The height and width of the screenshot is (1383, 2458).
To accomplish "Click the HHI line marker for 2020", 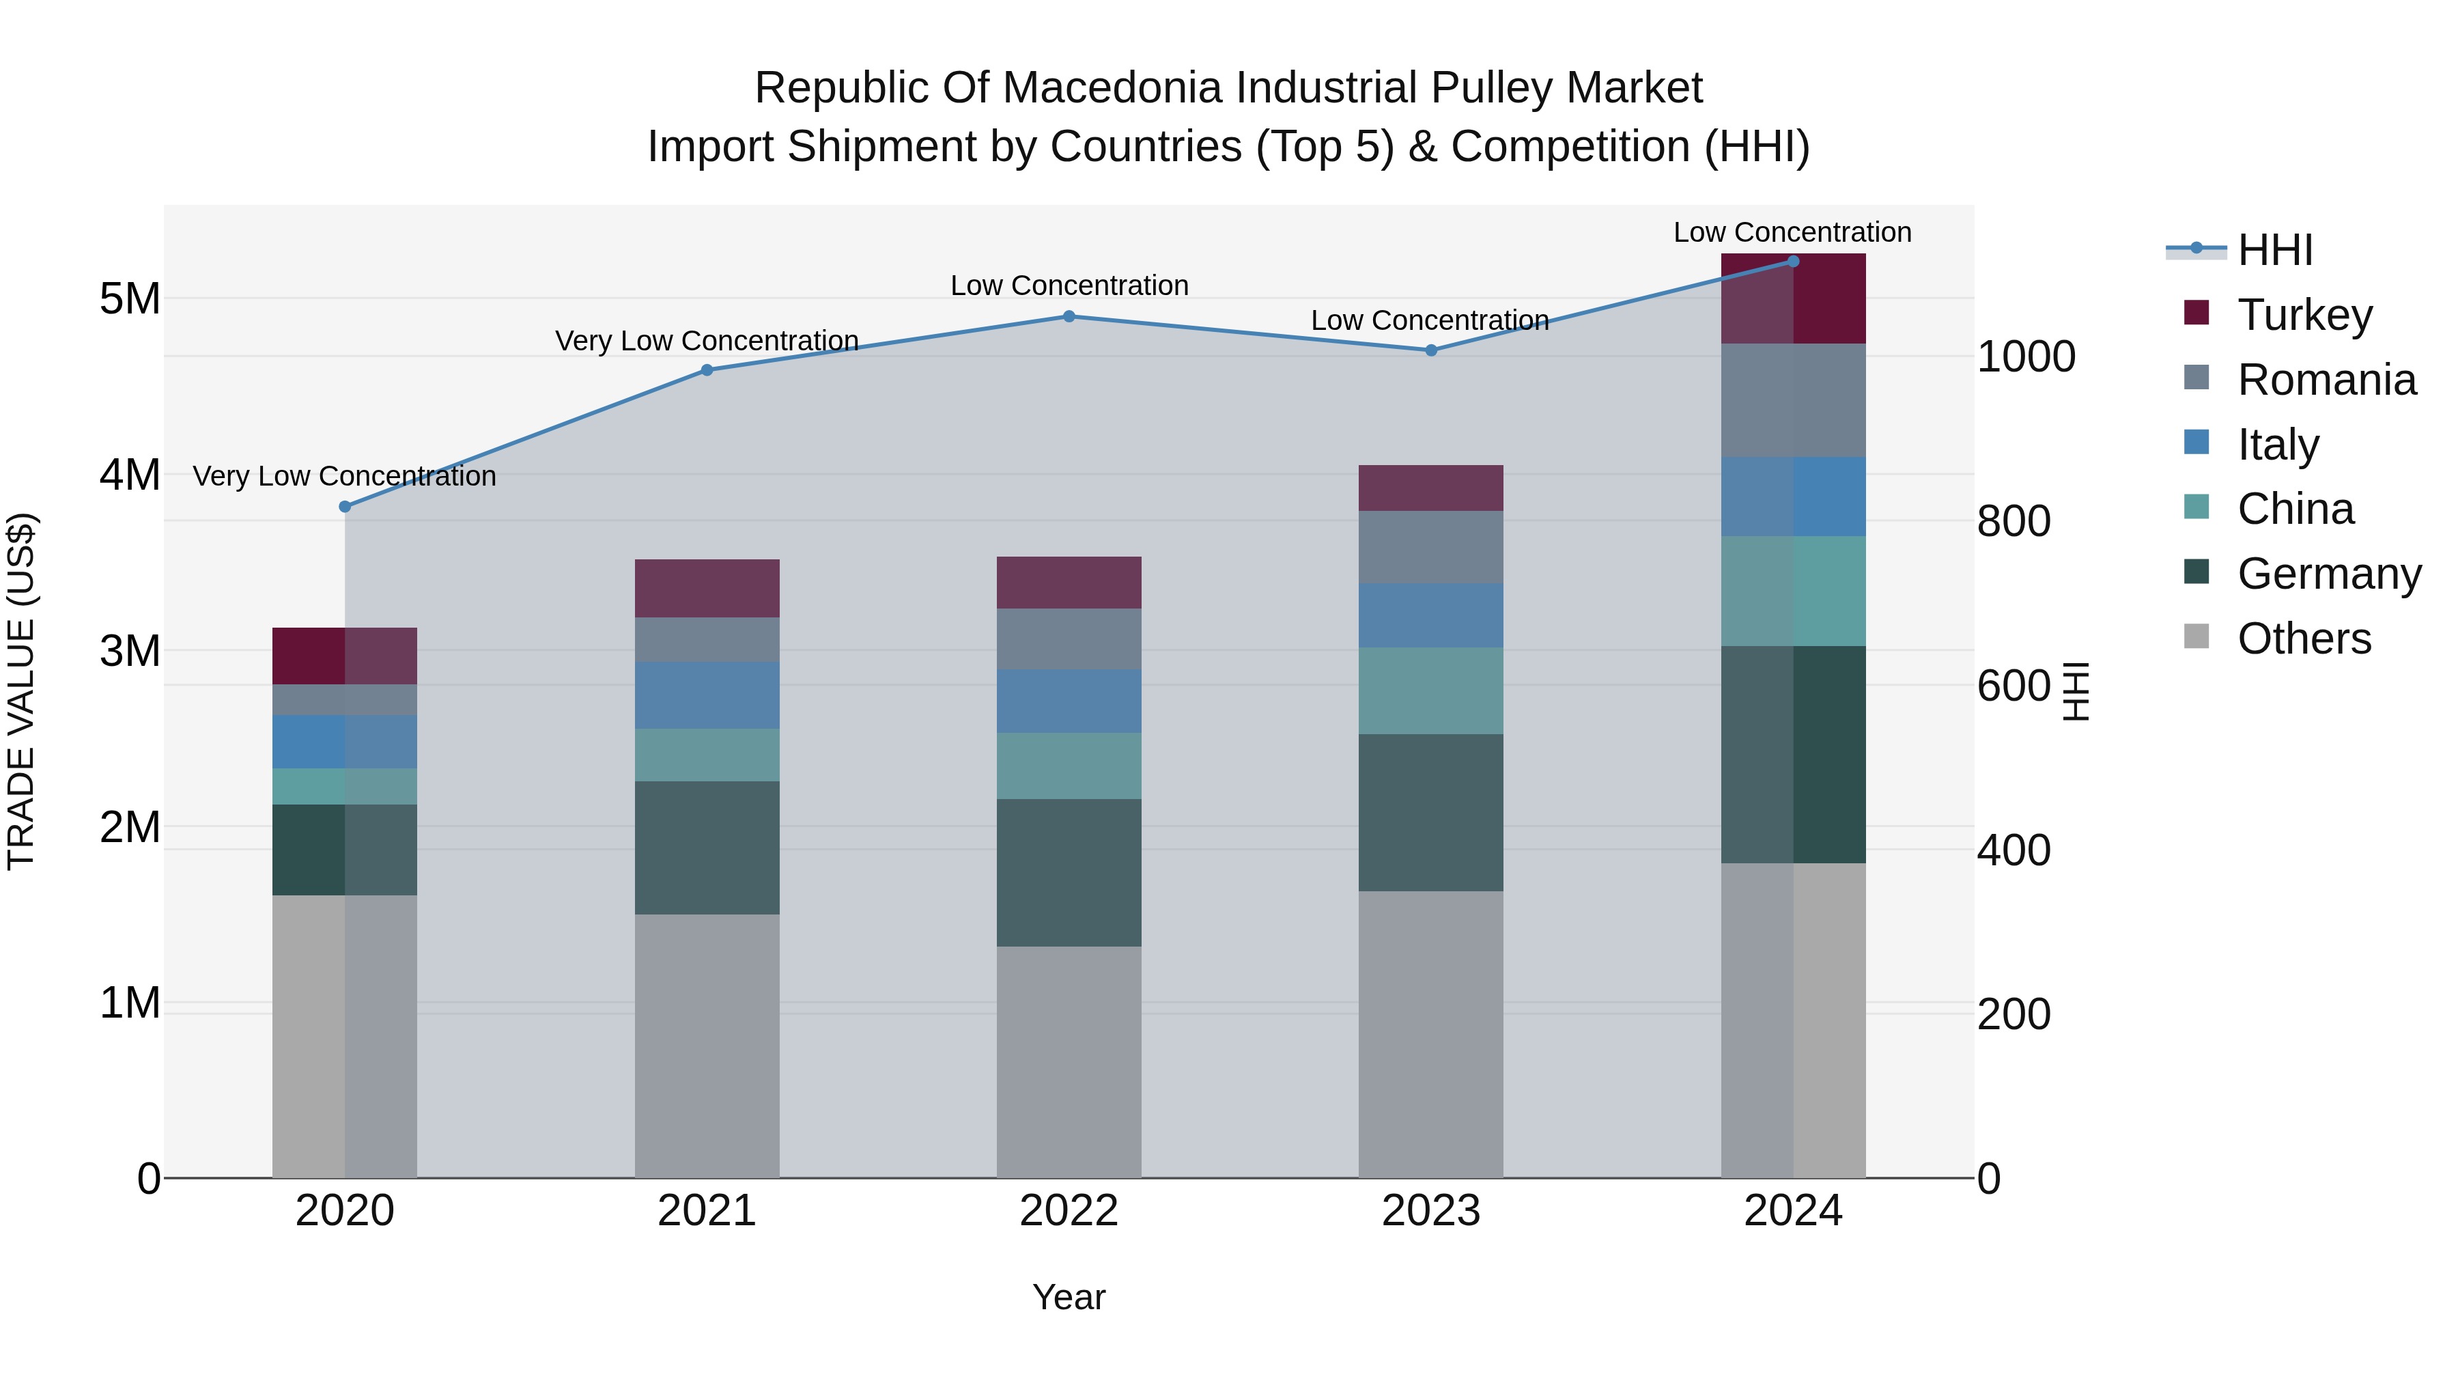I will click(x=345, y=507).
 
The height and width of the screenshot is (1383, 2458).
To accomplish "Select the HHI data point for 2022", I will click(x=1069, y=316).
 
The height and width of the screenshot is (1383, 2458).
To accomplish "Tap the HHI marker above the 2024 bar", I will click(x=1793, y=262).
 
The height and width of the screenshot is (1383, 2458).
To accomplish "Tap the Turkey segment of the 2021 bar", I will click(x=707, y=588).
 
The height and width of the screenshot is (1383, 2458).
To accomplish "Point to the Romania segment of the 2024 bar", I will click(x=1793, y=400).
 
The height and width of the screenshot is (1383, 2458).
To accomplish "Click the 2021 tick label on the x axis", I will click(x=707, y=1211).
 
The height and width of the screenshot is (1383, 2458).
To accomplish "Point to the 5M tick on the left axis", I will click(x=130, y=298).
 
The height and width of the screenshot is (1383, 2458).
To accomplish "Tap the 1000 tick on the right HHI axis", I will click(x=2026, y=357).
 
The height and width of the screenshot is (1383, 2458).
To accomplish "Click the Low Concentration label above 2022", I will click(x=1069, y=285).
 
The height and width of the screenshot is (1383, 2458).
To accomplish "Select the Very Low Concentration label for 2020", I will click(x=345, y=475).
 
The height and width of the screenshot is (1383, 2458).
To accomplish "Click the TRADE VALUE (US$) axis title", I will click(x=21, y=691).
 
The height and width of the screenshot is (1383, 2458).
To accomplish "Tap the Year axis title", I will click(x=1069, y=1297).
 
